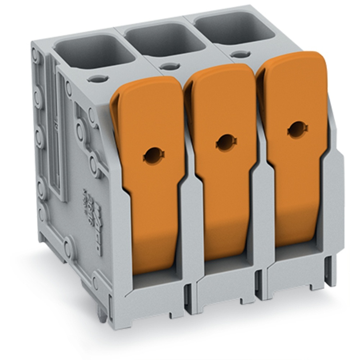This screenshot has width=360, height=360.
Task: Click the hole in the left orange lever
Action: click(154, 154)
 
